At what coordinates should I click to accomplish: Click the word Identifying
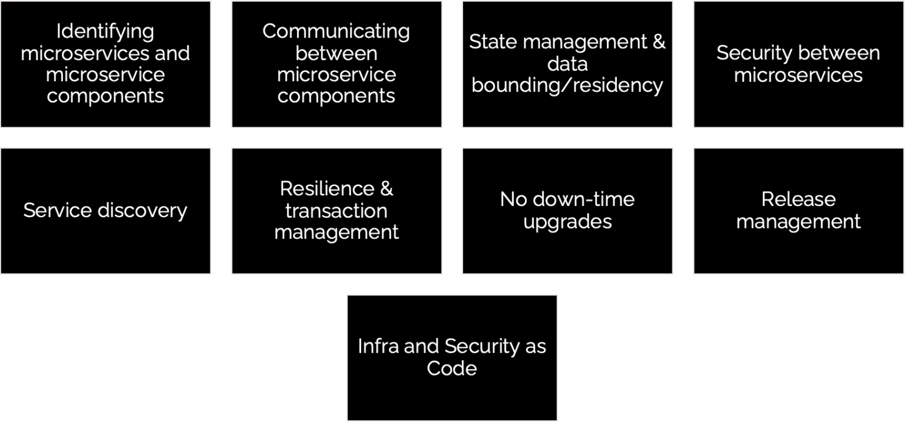(x=105, y=32)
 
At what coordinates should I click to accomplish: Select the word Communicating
(x=336, y=32)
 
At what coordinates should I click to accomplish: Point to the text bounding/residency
(x=567, y=85)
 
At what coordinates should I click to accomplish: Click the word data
(x=567, y=64)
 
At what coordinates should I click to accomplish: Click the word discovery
(x=142, y=211)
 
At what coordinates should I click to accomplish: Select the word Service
(x=58, y=210)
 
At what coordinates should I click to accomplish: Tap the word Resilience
(x=327, y=188)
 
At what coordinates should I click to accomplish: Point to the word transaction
(x=336, y=211)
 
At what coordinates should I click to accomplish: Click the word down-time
(x=584, y=200)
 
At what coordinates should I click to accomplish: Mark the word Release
(x=798, y=200)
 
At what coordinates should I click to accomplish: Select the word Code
(x=452, y=368)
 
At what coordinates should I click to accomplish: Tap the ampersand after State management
(x=659, y=42)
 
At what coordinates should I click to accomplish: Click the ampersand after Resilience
(x=387, y=188)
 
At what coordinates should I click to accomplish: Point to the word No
(x=514, y=200)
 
